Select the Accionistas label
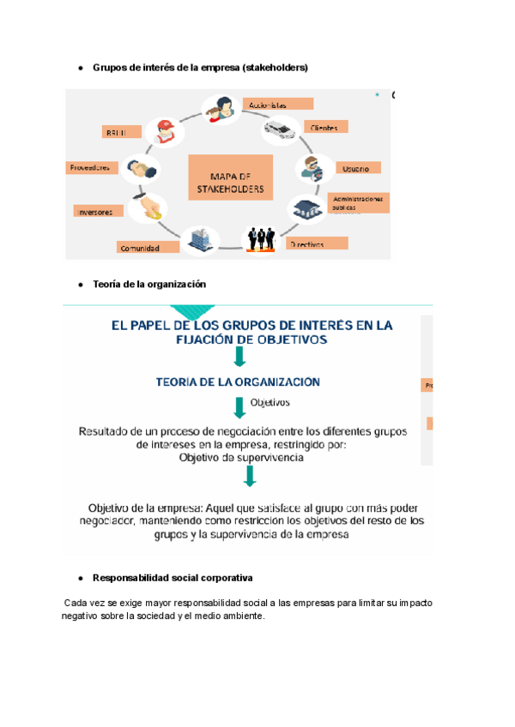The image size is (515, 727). point(277,104)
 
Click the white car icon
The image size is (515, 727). point(280,131)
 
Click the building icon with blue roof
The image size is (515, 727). point(306,207)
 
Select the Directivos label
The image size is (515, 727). point(317,243)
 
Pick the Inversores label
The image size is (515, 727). point(100,211)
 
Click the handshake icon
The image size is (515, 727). point(140,167)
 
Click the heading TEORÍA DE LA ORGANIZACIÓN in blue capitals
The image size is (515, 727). point(226,382)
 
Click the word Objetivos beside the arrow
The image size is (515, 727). point(270,402)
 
